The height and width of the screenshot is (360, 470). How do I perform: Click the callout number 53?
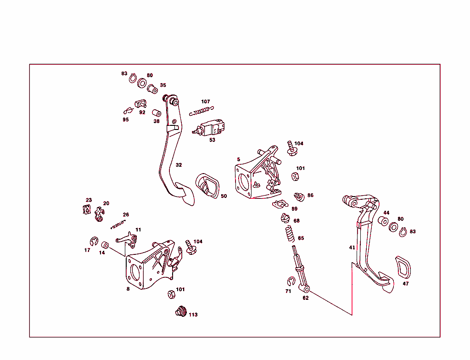click(x=212, y=140)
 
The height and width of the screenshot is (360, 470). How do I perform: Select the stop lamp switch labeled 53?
click(x=209, y=128)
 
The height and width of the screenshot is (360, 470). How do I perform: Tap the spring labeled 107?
click(x=201, y=111)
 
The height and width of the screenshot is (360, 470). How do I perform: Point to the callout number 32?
click(x=179, y=165)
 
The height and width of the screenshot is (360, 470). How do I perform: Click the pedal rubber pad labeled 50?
click(x=207, y=186)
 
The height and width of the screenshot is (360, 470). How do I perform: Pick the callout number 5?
click(x=239, y=159)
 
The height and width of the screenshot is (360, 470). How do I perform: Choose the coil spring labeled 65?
click(x=290, y=233)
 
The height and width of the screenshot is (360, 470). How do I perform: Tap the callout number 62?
click(x=305, y=298)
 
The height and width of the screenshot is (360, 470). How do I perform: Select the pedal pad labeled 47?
click(x=403, y=267)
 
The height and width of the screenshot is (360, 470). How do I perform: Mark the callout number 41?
click(x=352, y=247)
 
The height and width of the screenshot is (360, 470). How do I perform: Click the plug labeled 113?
click(x=181, y=311)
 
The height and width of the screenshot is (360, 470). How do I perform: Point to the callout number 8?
click(x=128, y=289)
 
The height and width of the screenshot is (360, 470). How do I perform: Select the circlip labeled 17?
click(x=94, y=241)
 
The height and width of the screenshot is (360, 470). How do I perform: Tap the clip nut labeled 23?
click(x=87, y=209)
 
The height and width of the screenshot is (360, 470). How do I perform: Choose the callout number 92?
click(x=142, y=112)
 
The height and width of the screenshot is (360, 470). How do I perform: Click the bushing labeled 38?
click(x=157, y=113)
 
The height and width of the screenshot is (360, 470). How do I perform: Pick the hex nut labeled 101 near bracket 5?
click(x=295, y=176)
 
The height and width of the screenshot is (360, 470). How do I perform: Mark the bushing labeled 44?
click(x=383, y=221)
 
